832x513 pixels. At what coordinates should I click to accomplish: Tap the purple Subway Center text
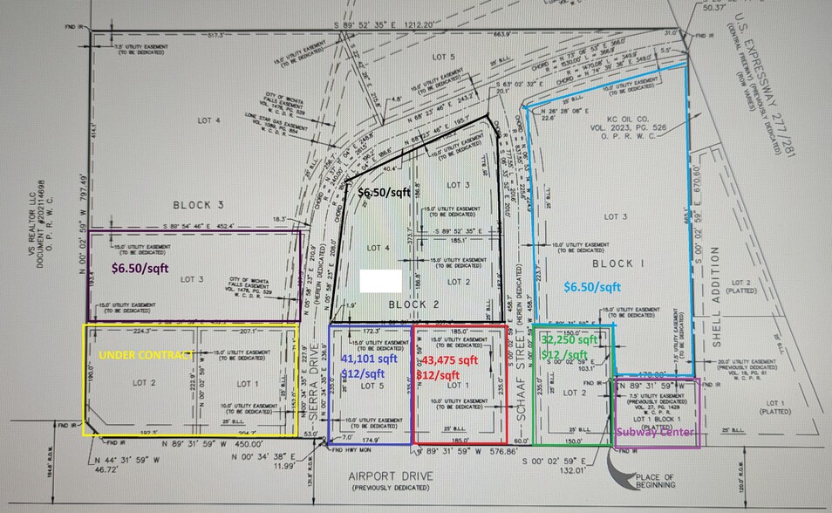pyautogui.click(x=656, y=433)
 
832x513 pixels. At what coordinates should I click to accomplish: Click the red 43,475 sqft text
pyautogui.click(x=450, y=359)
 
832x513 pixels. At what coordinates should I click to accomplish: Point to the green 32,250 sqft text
pyautogui.click(x=569, y=339)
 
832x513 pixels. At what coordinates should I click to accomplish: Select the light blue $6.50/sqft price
pyautogui.click(x=592, y=287)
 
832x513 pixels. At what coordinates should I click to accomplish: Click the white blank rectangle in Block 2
pyautogui.click(x=381, y=281)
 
